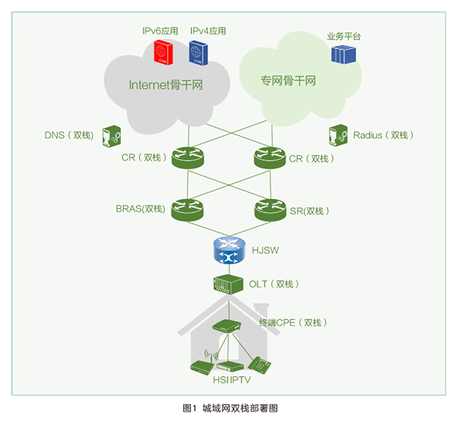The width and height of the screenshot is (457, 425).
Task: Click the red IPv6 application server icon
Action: [163, 53]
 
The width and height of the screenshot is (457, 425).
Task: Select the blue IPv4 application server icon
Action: [199, 53]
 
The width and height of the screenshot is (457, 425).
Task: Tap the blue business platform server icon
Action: [343, 54]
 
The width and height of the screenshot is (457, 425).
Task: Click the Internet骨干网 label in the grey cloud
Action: [165, 85]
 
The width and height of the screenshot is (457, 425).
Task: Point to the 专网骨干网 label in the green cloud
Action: [288, 80]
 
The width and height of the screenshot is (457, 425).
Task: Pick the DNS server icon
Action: [111, 136]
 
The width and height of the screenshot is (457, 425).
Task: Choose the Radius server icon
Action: [338, 135]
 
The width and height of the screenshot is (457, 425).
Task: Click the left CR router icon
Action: [188, 158]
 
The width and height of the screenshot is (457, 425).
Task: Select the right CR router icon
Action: [270, 158]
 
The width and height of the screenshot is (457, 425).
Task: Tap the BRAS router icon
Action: [187, 209]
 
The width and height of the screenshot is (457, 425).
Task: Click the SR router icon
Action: [270, 209]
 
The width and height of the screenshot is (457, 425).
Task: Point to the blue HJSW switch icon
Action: [229, 250]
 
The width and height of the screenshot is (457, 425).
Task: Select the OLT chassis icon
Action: [229, 284]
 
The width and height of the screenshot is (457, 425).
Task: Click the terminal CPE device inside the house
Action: [227, 326]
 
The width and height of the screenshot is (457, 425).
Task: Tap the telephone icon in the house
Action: [260, 365]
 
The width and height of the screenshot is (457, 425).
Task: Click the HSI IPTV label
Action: [232, 380]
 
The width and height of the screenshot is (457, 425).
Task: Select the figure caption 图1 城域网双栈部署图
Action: [230, 409]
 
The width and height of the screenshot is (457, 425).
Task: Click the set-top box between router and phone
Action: [230, 366]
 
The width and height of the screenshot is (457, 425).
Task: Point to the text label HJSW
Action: [265, 250]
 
